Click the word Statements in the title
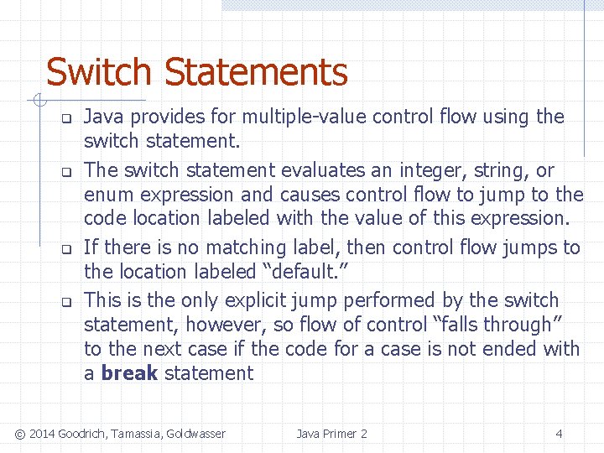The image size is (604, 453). tap(256, 73)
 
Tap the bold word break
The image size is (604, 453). tap(129, 373)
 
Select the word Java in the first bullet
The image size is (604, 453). tap(104, 117)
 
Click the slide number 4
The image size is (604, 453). tap(559, 434)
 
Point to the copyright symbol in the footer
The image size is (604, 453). tap(20, 434)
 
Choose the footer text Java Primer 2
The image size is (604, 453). tap(331, 434)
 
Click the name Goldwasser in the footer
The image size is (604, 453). tap(195, 434)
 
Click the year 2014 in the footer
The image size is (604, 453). tap(42, 434)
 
